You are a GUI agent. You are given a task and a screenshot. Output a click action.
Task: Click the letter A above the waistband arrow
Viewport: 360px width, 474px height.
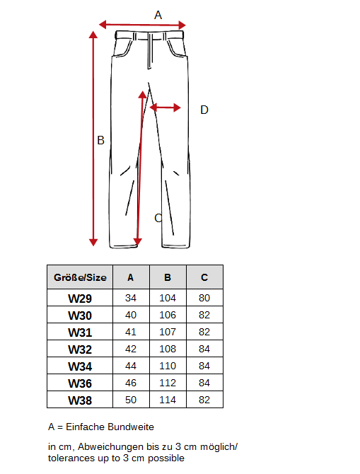[158, 15]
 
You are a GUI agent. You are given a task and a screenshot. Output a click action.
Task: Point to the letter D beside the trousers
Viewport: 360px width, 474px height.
[204, 110]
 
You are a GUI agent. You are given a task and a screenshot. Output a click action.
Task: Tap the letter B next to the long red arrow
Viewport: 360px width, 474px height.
[100, 140]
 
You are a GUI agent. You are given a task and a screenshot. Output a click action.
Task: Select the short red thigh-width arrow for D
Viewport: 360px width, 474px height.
[166, 108]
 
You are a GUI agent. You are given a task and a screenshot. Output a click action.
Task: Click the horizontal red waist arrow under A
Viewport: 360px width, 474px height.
[142, 25]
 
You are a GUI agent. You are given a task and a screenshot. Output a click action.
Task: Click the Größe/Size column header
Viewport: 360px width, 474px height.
[80, 277]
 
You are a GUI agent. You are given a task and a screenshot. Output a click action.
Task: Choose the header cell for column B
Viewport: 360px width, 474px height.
[168, 277]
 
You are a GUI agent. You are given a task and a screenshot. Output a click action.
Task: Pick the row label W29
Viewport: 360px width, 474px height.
[80, 299]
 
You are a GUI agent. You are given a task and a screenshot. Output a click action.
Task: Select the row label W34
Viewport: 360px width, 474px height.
[80, 366]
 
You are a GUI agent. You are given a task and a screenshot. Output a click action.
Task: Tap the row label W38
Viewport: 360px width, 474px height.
[80, 400]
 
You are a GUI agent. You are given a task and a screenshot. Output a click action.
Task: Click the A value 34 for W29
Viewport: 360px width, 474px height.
[131, 298]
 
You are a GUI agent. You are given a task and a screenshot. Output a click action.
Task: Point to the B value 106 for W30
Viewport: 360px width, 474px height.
[168, 315]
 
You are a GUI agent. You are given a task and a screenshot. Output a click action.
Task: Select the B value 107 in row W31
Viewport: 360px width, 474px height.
[168, 332]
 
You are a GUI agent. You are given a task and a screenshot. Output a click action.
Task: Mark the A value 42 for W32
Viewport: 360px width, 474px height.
[131, 349]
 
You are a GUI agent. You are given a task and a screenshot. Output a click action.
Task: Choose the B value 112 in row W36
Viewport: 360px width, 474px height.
[168, 383]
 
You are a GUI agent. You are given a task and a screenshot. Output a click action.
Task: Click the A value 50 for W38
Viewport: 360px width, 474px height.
[131, 400]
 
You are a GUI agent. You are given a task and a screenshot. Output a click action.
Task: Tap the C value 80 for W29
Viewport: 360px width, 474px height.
[204, 298]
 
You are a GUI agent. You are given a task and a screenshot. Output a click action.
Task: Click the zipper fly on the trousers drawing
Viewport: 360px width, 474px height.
[150, 51]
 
